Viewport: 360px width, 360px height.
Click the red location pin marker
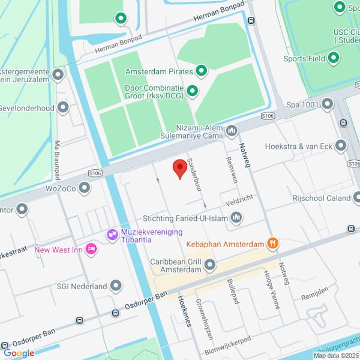[x=179, y=169]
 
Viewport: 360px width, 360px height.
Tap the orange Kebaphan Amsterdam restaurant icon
[x=273, y=244]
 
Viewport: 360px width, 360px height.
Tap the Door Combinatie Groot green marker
[x=193, y=91]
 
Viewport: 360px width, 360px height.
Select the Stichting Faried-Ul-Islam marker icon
[x=236, y=218]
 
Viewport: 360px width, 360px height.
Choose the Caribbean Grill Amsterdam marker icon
[x=209, y=264]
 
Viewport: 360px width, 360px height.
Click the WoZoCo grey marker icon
[x=85, y=188]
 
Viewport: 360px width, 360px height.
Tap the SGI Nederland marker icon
[x=116, y=286]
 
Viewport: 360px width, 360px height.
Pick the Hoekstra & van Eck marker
[x=341, y=145]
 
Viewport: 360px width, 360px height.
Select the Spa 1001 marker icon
[x=327, y=104]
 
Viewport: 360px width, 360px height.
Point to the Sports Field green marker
[x=334, y=58]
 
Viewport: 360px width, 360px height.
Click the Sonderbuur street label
[x=193, y=175]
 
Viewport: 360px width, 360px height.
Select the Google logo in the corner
[x=19, y=353]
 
